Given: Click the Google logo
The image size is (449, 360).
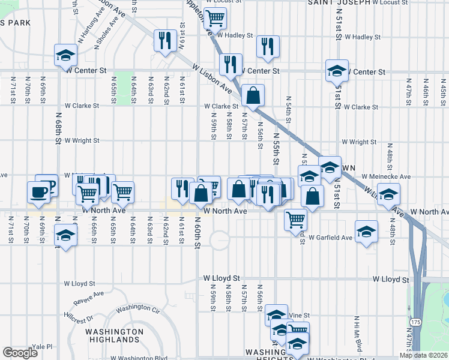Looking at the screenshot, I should [20, 353].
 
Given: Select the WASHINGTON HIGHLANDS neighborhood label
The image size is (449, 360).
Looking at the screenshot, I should [114, 335].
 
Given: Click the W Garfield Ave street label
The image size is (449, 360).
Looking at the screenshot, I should [331, 238].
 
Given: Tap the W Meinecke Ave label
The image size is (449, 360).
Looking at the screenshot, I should [386, 177].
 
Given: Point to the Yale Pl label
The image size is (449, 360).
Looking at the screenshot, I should [43, 347].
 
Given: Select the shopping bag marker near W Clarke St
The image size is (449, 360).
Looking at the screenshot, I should [254, 95].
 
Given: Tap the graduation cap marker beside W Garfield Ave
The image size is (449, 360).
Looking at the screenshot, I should [366, 232].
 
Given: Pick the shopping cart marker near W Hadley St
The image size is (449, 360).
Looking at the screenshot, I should [215, 18].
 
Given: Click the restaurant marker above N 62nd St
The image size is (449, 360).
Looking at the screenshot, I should [163, 41].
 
